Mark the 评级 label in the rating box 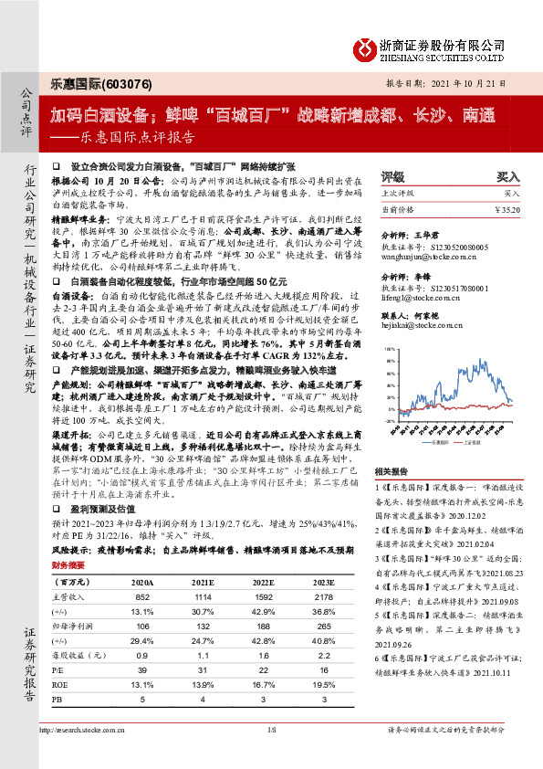(392, 177)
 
